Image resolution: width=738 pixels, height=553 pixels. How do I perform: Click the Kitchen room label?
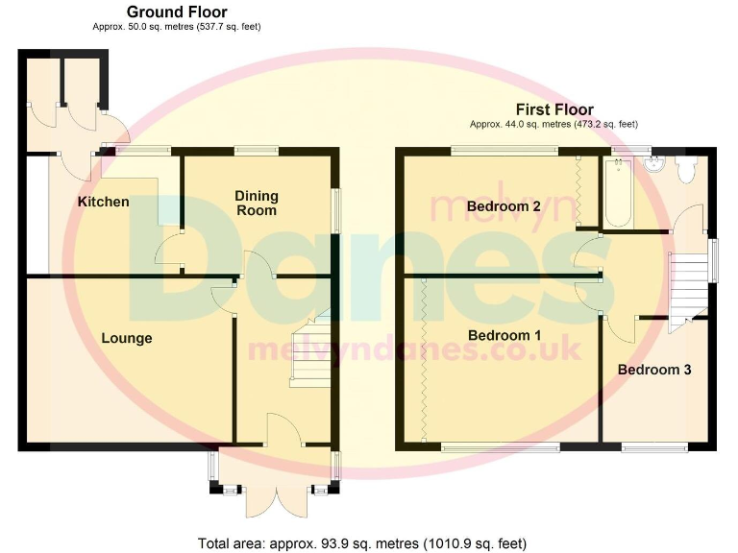click(x=103, y=202)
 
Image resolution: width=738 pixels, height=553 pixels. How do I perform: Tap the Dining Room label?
click(x=256, y=203)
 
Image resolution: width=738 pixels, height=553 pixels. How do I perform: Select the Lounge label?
click(x=127, y=338)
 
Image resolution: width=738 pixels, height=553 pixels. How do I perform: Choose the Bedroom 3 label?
click(x=653, y=370)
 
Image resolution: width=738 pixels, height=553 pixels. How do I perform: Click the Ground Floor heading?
click(x=177, y=12)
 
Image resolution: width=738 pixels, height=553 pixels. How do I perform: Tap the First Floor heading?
click(x=554, y=109)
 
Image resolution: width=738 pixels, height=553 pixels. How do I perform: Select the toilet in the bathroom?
click(x=686, y=170)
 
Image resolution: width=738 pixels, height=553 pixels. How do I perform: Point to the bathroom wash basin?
click(x=656, y=163)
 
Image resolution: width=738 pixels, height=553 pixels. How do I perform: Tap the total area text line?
click(x=362, y=543)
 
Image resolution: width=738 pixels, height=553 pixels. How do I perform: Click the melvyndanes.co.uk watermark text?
click(x=415, y=349)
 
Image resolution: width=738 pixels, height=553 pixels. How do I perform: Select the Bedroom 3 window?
click(x=654, y=446)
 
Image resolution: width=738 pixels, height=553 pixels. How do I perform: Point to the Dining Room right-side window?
click(x=335, y=208)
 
